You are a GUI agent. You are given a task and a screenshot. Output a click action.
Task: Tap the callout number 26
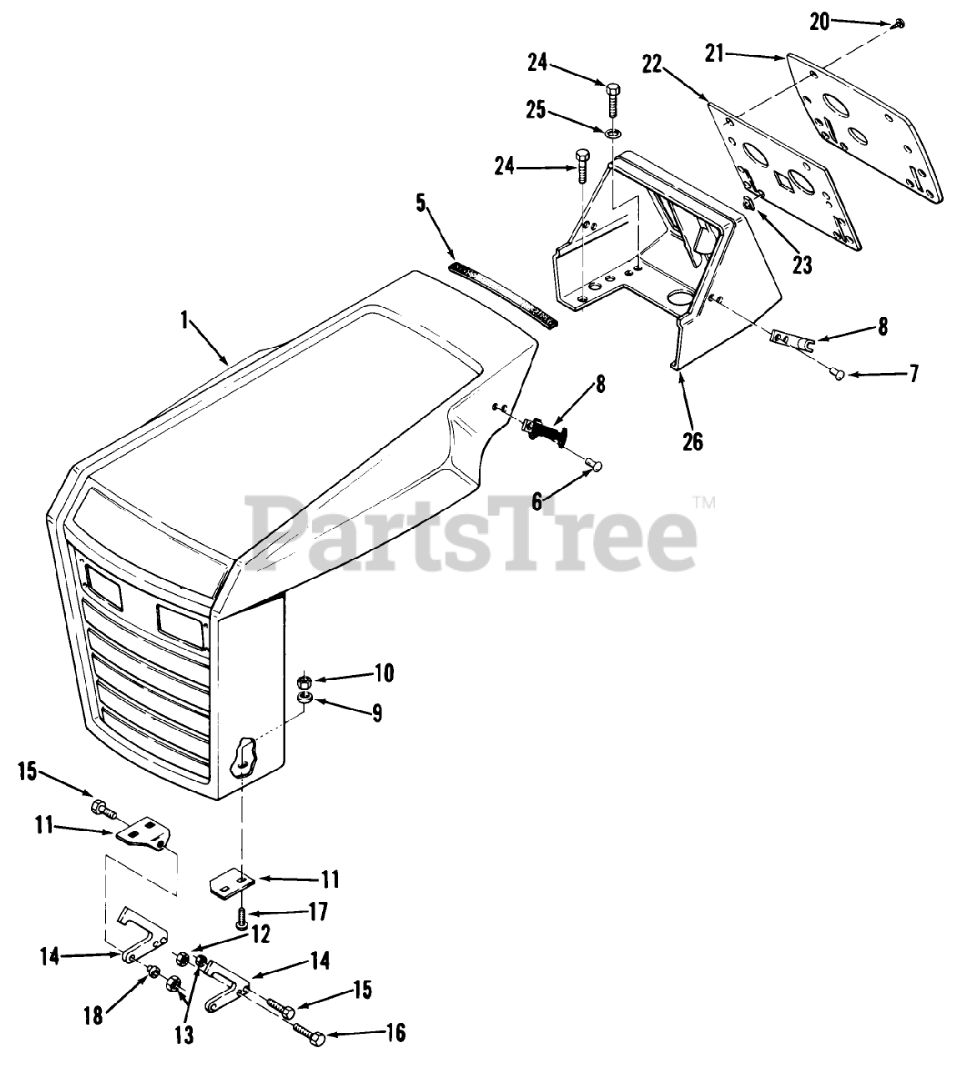693,441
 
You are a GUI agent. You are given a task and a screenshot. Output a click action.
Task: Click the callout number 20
820,22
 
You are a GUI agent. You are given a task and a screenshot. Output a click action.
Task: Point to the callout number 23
802,264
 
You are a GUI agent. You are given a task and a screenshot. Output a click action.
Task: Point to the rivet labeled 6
594,464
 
